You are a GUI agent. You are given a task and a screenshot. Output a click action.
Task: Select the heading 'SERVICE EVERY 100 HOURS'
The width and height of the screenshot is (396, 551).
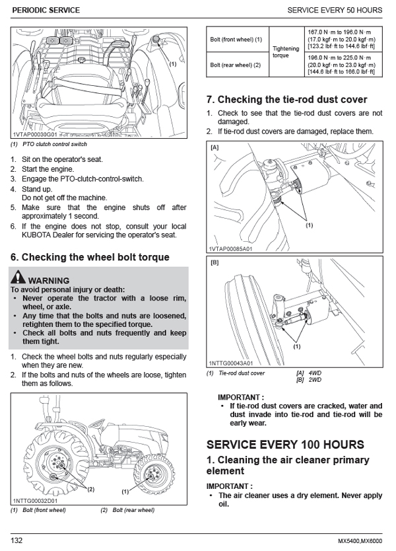point(285,444)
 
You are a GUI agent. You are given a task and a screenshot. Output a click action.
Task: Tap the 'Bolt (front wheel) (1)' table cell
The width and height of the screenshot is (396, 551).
point(236,40)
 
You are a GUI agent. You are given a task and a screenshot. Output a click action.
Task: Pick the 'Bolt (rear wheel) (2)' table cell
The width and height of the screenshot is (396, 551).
point(236,65)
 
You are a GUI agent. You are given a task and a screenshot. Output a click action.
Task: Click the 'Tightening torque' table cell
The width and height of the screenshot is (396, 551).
point(286,52)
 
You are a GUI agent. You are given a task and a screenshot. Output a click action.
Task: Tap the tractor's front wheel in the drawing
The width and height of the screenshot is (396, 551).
point(151,472)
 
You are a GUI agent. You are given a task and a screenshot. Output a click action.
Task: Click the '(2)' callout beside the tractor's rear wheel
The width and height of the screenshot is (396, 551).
point(91,489)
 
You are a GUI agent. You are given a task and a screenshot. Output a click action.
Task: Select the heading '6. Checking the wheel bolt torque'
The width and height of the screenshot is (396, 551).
point(90,257)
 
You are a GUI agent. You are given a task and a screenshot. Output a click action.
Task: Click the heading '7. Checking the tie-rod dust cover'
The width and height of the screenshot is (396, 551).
point(286,100)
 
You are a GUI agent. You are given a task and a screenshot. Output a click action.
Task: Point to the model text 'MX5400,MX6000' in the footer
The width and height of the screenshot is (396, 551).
point(362,540)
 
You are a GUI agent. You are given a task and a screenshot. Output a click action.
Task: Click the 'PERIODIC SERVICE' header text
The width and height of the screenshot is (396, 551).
point(46,11)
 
